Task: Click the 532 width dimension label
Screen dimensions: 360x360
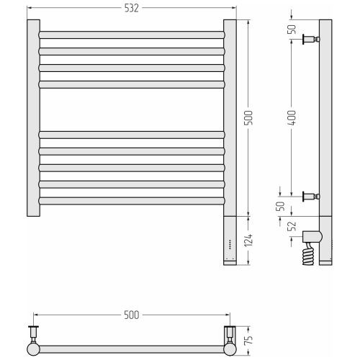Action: [132, 9]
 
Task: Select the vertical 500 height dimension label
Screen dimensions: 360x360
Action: [248, 117]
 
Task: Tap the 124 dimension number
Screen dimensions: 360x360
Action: [248, 240]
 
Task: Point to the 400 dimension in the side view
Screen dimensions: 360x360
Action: [292, 117]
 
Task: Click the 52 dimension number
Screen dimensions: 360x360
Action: [292, 226]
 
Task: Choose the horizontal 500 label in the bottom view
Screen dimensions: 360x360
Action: [132, 315]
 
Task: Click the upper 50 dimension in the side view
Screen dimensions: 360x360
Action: [292, 30]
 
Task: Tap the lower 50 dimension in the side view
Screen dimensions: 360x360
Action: [280, 206]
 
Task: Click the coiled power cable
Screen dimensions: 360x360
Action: [309, 256]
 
